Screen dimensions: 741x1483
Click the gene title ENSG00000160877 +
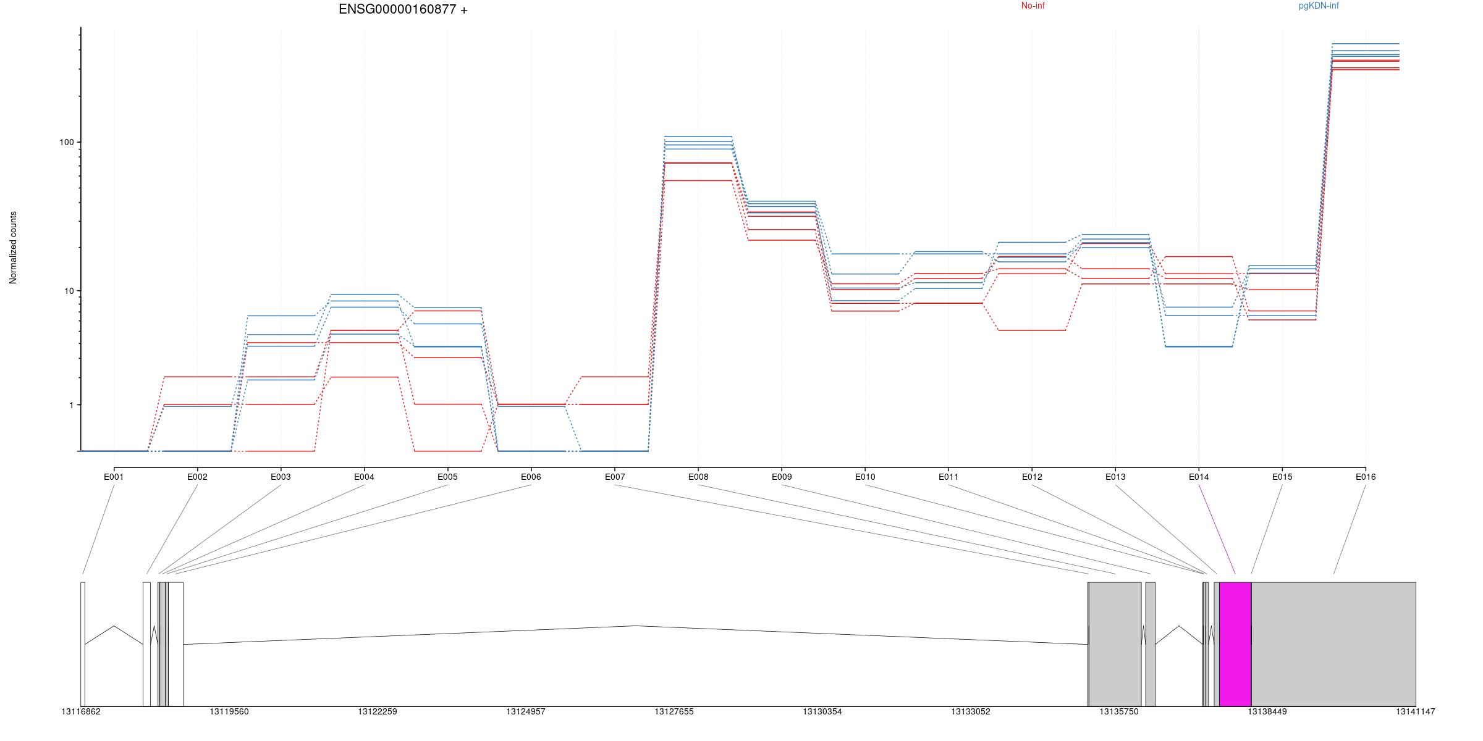click(x=403, y=9)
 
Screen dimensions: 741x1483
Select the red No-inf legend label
click(x=1033, y=6)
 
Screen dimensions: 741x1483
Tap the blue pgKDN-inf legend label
click(x=1319, y=6)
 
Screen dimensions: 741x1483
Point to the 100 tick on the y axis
click(x=66, y=142)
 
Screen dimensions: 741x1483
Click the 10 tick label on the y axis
click(x=68, y=291)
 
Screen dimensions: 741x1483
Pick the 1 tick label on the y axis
click(x=70, y=405)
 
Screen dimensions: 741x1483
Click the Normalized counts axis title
click(x=13, y=248)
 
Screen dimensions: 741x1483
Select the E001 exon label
click(x=114, y=477)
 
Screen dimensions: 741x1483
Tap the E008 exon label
click(x=698, y=477)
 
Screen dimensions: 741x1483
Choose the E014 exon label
click(x=1199, y=477)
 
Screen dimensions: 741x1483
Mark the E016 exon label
click(x=1366, y=477)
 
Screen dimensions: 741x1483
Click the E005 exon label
click(x=447, y=477)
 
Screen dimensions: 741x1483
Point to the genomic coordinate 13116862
click(x=81, y=711)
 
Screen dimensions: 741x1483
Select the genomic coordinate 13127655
click(x=674, y=711)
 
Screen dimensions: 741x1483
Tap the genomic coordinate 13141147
click(x=1415, y=711)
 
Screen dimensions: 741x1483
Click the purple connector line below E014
click(x=1217, y=529)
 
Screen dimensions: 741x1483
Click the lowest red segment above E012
click(x=1032, y=330)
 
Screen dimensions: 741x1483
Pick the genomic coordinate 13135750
click(x=1118, y=711)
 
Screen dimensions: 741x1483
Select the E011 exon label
click(x=949, y=477)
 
